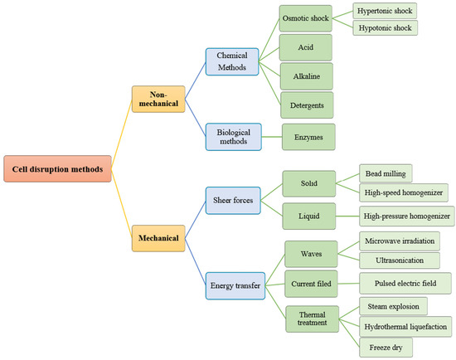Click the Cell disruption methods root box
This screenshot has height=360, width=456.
[x=56, y=169]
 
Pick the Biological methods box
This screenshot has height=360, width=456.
[x=232, y=136]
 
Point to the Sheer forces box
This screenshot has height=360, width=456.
[x=232, y=198]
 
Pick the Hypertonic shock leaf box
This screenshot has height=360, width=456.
[x=384, y=11]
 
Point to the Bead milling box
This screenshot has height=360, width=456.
[x=386, y=174]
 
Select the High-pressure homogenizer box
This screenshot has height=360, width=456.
[x=407, y=216]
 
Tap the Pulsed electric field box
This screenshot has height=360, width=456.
[x=405, y=283]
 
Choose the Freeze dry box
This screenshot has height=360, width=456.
[x=382, y=347]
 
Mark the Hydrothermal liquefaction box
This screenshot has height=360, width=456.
[x=405, y=326]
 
